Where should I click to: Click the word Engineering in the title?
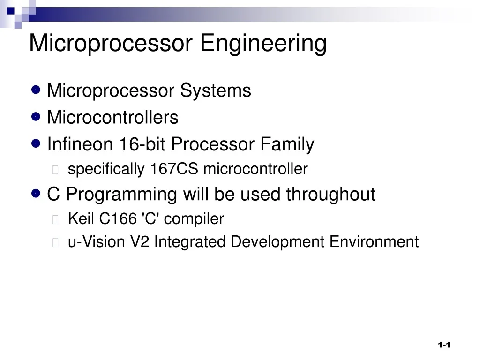tap(263, 44)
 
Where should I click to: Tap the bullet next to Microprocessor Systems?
tap(36, 90)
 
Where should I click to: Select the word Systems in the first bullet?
tap(216, 90)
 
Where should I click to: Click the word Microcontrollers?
tap(112, 117)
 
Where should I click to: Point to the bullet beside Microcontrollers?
tap(36, 116)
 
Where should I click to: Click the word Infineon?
tap(80, 144)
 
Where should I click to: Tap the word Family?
tap(287, 144)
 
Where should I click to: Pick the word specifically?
tap(106, 169)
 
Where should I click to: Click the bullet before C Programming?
tap(36, 193)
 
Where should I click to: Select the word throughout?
tap(330, 194)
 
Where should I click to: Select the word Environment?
tap(374, 242)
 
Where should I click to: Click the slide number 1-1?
tap(444, 345)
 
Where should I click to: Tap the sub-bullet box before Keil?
tap(56, 219)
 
